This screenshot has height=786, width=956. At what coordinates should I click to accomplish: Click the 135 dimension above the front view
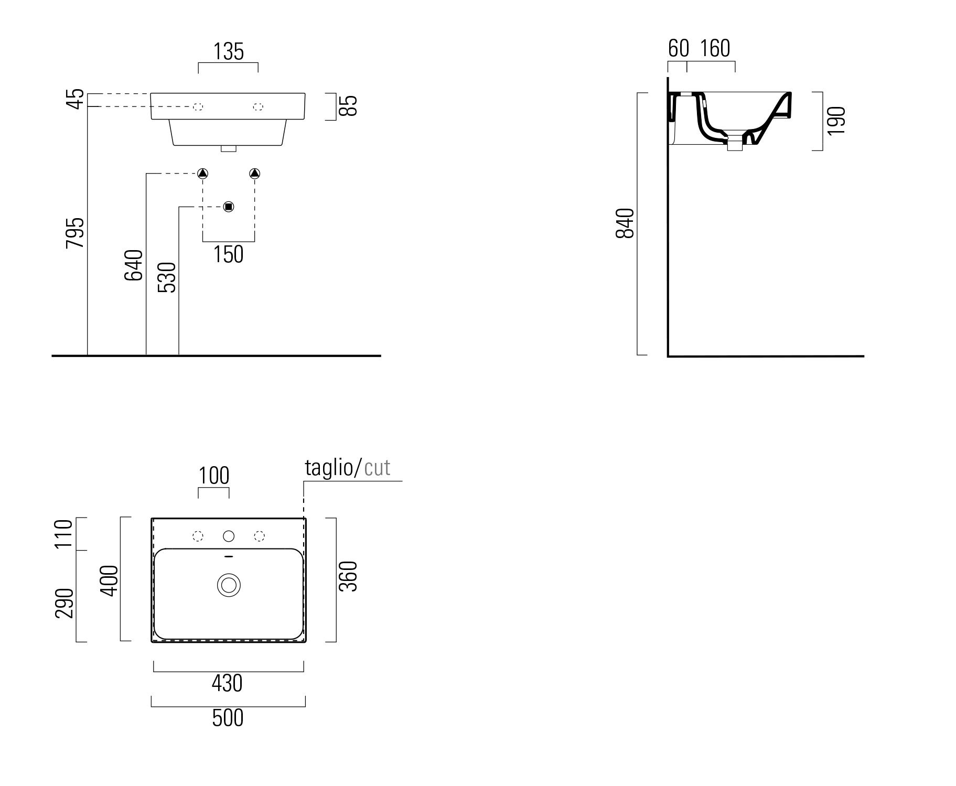229,52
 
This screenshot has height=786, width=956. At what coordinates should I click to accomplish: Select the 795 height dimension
75,232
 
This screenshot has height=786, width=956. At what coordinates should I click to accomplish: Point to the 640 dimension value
134,265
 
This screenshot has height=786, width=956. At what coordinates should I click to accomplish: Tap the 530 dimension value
167,277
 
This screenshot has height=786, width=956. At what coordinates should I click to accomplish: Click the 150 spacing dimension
229,254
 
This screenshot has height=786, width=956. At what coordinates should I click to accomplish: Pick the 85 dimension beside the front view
350,105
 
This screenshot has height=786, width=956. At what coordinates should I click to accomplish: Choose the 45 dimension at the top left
77,99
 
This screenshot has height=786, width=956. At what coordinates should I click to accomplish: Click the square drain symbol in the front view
228,207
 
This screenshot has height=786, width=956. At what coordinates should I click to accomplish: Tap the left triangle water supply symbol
203,174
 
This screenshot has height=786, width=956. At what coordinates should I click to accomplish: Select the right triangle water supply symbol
255,174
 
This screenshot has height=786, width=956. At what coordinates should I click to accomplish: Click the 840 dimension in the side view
626,223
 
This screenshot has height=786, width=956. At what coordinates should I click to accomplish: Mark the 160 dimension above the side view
715,49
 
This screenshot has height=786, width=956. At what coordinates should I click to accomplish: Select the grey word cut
377,467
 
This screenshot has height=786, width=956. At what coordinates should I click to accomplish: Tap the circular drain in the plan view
229,585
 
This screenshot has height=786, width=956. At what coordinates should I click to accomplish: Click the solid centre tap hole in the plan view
229,536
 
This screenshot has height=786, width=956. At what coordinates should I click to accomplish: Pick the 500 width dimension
228,718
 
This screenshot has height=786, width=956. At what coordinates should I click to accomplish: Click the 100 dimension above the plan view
214,476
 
